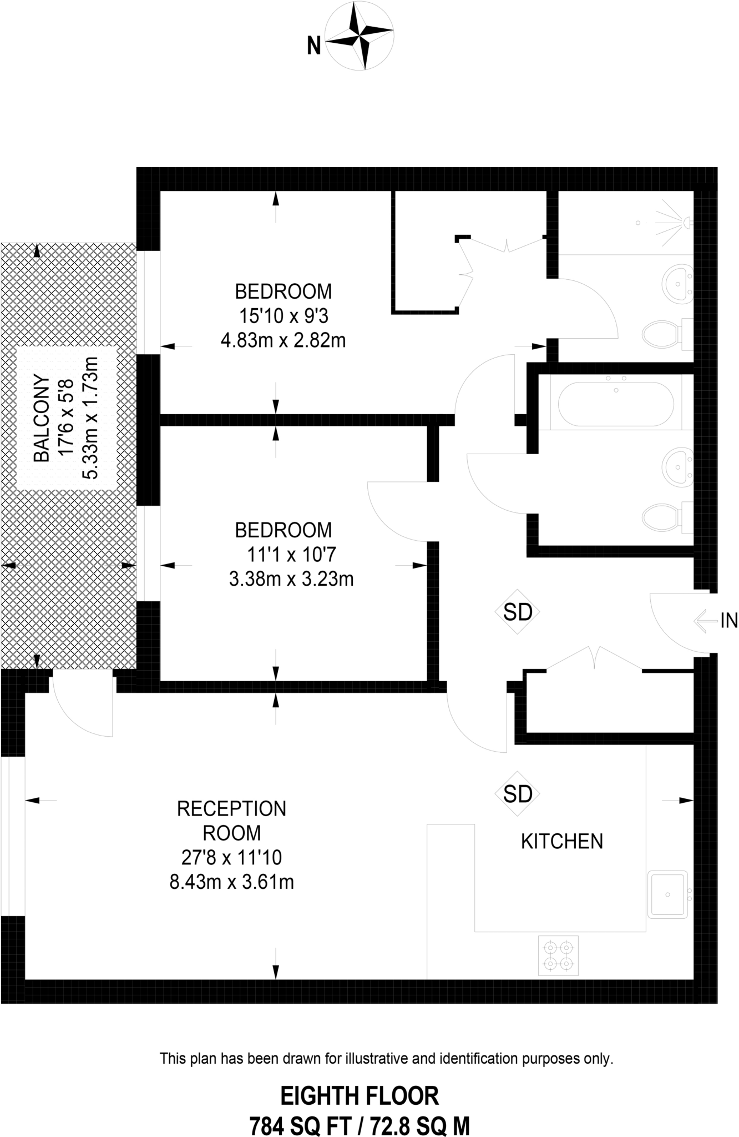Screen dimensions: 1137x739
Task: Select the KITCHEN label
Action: click(561, 841)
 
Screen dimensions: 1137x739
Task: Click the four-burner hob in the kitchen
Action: click(558, 955)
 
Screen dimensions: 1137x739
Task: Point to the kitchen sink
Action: click(668, 893)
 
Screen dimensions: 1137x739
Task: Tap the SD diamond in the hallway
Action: click(517, 612)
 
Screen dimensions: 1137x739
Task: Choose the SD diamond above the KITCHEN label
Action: click(517, 794)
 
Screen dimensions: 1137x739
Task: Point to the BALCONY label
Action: click(42, 419)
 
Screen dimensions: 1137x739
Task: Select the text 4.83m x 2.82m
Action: click(283, 340)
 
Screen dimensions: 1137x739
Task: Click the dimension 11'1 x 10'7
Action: click(291, 554)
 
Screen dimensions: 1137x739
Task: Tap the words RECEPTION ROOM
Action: click(231, 821)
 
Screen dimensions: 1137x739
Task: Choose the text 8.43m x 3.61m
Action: click(231, 882)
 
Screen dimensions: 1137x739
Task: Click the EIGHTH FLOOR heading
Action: click(360, 1096)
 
